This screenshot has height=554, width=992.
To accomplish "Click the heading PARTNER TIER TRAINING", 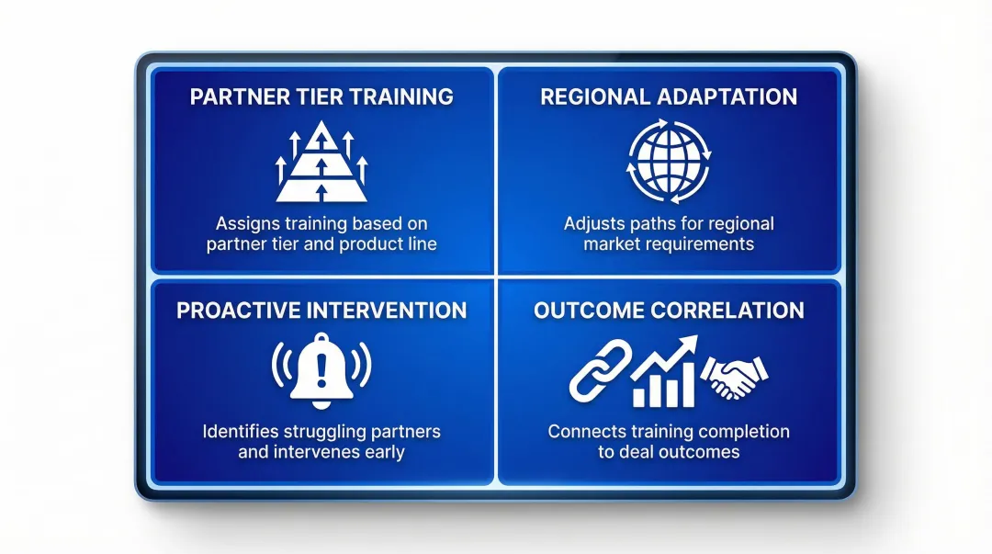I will click(321, 96).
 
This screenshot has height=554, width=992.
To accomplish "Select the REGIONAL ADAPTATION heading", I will click(669, 96).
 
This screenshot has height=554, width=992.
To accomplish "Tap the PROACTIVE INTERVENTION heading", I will click(321, 310).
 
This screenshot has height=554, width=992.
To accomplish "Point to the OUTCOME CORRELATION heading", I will click(669, 310).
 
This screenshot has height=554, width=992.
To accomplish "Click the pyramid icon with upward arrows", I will click(321, 164).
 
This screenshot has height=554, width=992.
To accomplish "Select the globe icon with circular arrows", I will click(669, 164).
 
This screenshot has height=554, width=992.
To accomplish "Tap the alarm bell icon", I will click(321, 372).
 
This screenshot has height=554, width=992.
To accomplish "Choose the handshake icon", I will click(734, 376).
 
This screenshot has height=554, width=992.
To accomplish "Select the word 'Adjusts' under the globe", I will click(592, 223).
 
